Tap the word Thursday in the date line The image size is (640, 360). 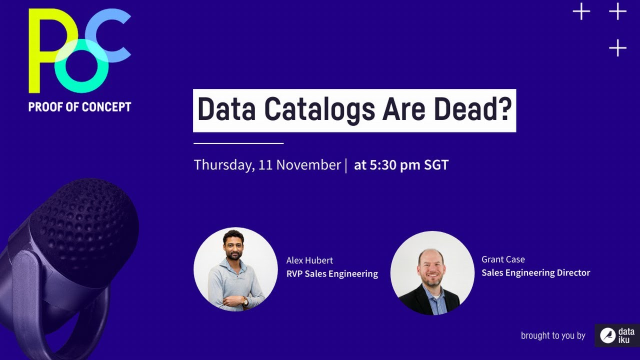click(x=223, y=165)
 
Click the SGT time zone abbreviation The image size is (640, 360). click(x=436, y=165)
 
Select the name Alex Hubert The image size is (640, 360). click(x=309, y=260)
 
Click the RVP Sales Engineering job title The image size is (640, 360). click(x=332, y=273)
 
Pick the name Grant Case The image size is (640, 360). click(x=503, y=259)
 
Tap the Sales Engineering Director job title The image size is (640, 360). click(x=535, y=272)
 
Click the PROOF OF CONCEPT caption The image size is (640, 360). click(x=80, y=106)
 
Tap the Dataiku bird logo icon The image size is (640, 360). click(x=607, y=335)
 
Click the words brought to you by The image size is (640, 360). click(x=552, y=335)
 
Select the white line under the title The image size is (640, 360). click(x=238, y=143)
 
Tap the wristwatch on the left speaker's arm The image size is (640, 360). click(x=245, y=301)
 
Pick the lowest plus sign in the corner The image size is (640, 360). click(x=618, y=48)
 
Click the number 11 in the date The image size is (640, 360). click(x=265, y=165)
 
